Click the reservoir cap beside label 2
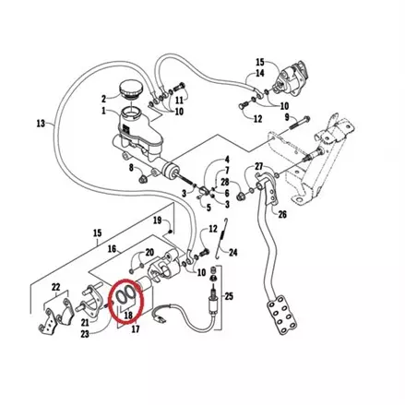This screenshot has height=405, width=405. pyautogui.click(x=131, y=89)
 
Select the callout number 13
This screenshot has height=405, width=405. pyautogui.click(x=41, y=124)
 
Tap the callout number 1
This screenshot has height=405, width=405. pyautogui.click(x=103, y=111)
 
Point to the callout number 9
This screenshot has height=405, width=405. pyautogui.click(x=287, y=117)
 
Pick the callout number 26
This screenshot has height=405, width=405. pyautogui.click(x=282, y=214)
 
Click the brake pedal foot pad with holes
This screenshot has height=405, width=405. pyautogui.click(x=282, y=315)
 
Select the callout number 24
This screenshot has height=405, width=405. pyautogui.click(x=233, y=253)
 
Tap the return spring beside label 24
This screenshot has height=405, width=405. pyautogui.click(x=221, y=238)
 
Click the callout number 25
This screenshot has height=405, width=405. pyautogui.click(x=229, y=296)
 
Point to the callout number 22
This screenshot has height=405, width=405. pyautogui.click(x=55, y=287)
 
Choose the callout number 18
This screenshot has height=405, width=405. pyautogui.click(x=128, y=315)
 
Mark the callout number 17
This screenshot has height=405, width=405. pyautogui.click(x=136, y=329)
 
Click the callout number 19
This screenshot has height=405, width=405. pyautogui.click(x=157, y=220)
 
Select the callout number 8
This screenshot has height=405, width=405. pyautogui.click(x=131, y=168)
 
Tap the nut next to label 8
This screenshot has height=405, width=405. pyautogui.click(x=143, y=178)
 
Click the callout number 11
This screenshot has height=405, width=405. pyautogui.click(x=179, y=100)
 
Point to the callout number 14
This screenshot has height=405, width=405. pyautogui.click(x=260, y=73)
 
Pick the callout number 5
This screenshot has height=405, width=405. pyautogui.click(x=208, y=208)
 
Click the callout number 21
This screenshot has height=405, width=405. pyautogui.click(x=85, y=322)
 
